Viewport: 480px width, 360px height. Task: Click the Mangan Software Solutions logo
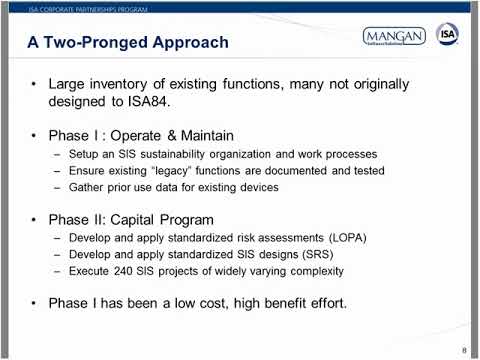click(393, 37)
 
